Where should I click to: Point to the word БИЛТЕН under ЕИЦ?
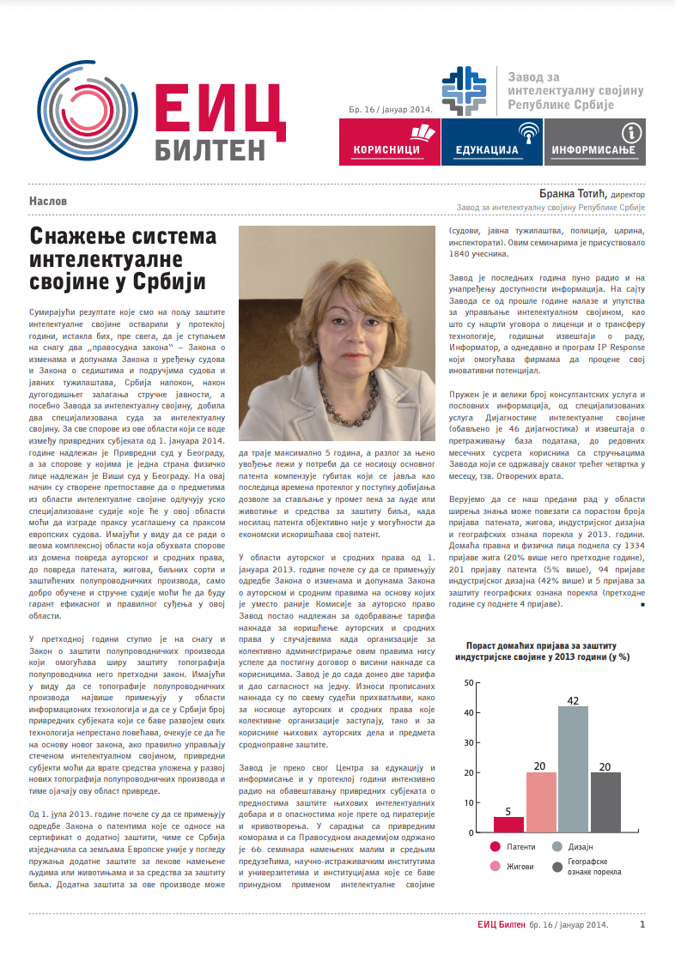click(x=211, y=148)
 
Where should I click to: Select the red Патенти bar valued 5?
click(x=508, y=824)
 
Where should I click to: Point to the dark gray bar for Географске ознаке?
click(x=605, y=802)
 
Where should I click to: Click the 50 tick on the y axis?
click(x=468, y=682)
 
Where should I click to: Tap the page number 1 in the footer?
click(x=642, y=924)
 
